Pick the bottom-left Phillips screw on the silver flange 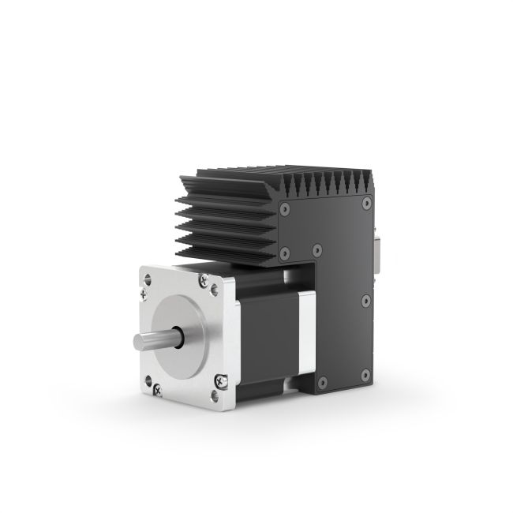click(x=156, y=387)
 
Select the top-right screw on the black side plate click(x=365, y=204)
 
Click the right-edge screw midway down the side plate click(x=365, y=301)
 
